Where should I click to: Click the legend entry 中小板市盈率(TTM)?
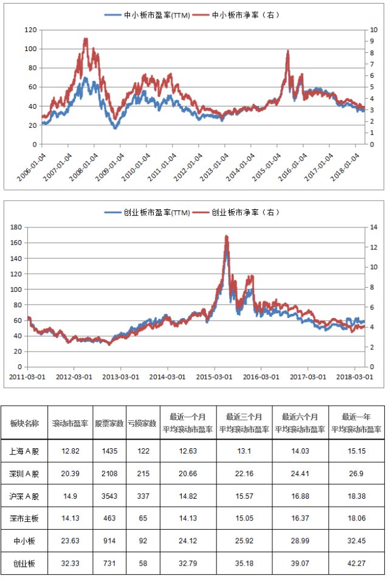[147, 15]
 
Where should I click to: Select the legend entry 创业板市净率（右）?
[237, 212]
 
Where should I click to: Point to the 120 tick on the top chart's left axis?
[30, 30]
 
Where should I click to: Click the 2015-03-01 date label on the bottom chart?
[214, 377]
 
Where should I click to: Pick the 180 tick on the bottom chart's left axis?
[16, 227]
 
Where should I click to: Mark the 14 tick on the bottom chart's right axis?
[374, 227]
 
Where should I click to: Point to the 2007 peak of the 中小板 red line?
[86, 38]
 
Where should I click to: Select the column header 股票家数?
[109, 423]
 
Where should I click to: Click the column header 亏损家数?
[143, 423]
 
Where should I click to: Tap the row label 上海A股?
[24, 451]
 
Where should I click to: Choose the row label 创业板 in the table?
[24, 563]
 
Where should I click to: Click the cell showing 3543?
[109, 496]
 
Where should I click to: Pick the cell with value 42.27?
[356, 563]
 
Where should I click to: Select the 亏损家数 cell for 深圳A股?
[143, 473]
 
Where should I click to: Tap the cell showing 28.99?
[300, 541]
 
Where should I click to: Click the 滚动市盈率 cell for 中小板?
[70, 541]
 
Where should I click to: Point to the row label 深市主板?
[24, 518]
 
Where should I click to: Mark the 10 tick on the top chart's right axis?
[374, 30]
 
